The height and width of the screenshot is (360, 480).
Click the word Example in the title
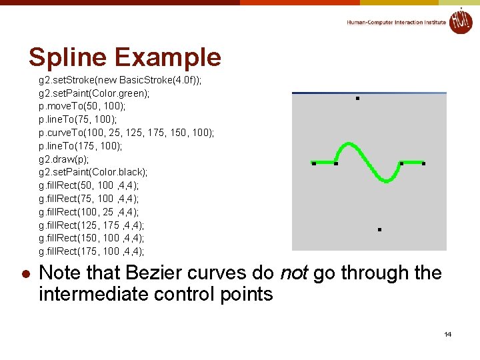tap(168, 57)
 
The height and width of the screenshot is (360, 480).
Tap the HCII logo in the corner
tap(460, 21)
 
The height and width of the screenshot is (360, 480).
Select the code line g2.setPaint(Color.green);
tap(94, 93)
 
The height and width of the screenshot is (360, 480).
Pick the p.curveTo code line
tap(127, 133)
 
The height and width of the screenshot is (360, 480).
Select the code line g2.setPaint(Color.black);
tap(94, 172)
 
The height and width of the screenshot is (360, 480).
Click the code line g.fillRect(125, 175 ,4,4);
tap(91, 225)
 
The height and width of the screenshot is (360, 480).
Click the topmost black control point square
tap(357, 99)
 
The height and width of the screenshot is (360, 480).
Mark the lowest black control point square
tap(379, 229)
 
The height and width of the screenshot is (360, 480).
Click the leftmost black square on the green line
tap(313, 163)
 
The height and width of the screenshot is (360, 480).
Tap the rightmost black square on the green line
tap(423, 163)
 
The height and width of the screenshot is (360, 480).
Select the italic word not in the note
tap(293, 273)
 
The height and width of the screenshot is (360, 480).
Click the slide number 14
tap(448, 333)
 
